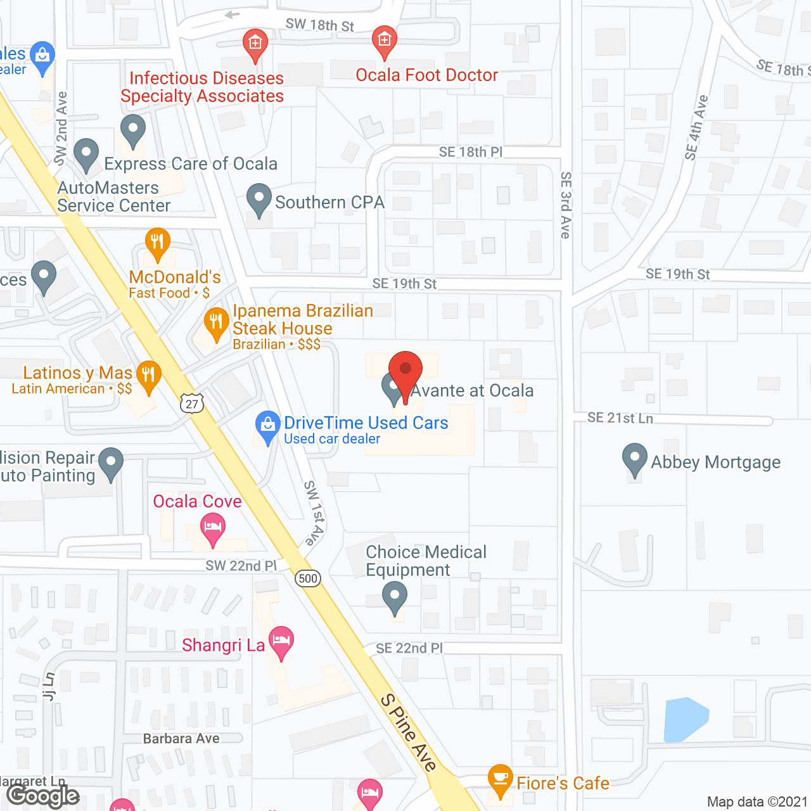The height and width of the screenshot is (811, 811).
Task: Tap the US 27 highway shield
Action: (192, 403)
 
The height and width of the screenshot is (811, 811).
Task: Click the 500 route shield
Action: (308, 578)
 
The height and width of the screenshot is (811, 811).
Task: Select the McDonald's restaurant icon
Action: (157, 242)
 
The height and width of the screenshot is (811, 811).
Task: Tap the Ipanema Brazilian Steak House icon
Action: (217, 322)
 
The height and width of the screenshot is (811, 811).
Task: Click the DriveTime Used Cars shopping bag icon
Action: (268, 425)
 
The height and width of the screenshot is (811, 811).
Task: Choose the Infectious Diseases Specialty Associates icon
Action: (255, 44)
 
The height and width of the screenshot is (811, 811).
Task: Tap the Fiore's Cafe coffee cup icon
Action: (501, 778)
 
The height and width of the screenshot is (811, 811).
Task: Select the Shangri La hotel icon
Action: (281, 641)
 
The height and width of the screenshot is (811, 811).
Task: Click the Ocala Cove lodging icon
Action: (213, 527)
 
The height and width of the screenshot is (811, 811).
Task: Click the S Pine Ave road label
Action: (409, 732)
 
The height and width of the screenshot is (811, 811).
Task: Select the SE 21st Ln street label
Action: (620, 418)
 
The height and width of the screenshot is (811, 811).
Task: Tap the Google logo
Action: (43, 796)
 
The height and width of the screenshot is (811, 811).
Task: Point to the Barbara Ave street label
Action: (181, 738)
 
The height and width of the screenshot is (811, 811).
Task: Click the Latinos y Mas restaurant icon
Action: (148, 375)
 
